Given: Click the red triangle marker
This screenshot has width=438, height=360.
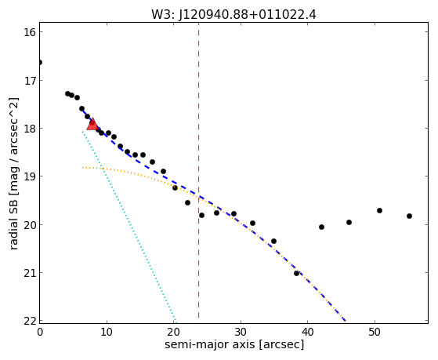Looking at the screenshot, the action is coord(92,124).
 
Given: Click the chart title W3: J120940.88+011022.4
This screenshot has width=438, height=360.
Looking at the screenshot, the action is coord(233,15).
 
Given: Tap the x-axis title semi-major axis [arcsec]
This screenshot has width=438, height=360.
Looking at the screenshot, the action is coord(234,344).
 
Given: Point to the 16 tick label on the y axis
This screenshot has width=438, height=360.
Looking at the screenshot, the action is coord(30,32).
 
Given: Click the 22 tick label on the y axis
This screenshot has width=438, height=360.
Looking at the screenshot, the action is coord(30,321).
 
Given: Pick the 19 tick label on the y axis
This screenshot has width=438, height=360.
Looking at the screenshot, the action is coord(30,176).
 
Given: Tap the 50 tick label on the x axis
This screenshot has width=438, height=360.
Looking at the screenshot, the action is coord(375,332).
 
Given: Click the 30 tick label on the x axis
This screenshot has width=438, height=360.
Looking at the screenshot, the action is coord(241,332).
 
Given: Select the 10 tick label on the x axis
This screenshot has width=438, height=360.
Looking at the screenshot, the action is coord(107,332).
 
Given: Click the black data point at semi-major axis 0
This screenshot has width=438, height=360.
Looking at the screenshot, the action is coord(40,62).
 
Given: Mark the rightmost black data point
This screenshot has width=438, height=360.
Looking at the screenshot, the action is coord(409,216).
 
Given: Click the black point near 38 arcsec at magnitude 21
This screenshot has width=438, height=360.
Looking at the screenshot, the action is coord(296,273).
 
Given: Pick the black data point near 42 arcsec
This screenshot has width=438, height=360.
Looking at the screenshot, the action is coord(321,227).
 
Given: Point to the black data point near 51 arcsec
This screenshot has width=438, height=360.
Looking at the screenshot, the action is coord(379,210).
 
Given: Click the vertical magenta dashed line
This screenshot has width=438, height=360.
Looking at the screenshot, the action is coord(198,171).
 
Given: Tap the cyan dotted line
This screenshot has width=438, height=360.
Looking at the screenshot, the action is coord(129,226).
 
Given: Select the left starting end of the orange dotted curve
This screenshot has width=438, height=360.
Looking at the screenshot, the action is coord(83,168).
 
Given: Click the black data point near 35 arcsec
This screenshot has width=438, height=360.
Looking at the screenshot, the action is coord(273,241).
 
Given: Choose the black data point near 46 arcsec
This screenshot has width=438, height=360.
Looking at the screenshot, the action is coord(349,223).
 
